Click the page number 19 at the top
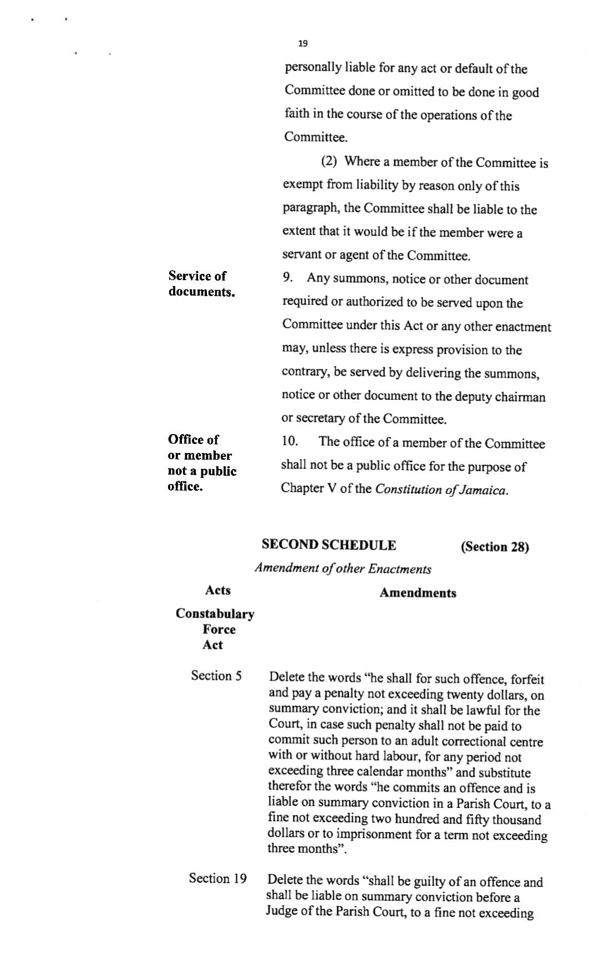coord(302,43)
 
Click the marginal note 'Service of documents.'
coord(201,283)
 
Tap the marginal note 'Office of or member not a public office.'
coord(202,463)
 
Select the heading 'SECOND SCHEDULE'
coord(329,545)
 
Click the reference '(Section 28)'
coord(495,547)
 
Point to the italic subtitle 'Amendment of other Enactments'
coord(343,569)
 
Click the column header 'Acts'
coord(217,590)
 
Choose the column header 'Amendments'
coord(418,593)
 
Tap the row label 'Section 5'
coord(216,675)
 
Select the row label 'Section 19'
coord(217,878)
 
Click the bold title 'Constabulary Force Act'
coord(215,629)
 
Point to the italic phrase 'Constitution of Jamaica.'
coord(441,490)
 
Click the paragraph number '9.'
coord(287,278)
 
